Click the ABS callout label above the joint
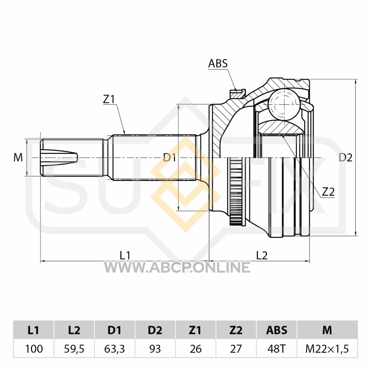(x=218, y=64)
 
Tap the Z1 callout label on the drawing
(x=109, y=99)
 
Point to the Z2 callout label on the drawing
(x=328, y=192)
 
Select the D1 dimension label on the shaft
(x=170, y=157)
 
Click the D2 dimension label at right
(x=345, y=157)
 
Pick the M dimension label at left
(x=18, y=157)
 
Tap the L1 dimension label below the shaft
(x=125, y=256)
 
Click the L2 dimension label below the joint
(x=262, y=256)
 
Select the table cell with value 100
(x=34, y=349)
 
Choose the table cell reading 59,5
(x=74, y=349)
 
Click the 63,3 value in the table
(x=115, y=349)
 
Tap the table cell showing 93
(x=155, y=349)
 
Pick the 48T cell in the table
(x=276, y=349)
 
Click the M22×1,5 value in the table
(x=327, y=349)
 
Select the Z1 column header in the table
(x=195, y=330)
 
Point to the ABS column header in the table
(x=276, y=330)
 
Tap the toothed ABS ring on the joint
(x=235, y=191)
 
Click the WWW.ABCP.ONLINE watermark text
(x=177, y=268)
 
